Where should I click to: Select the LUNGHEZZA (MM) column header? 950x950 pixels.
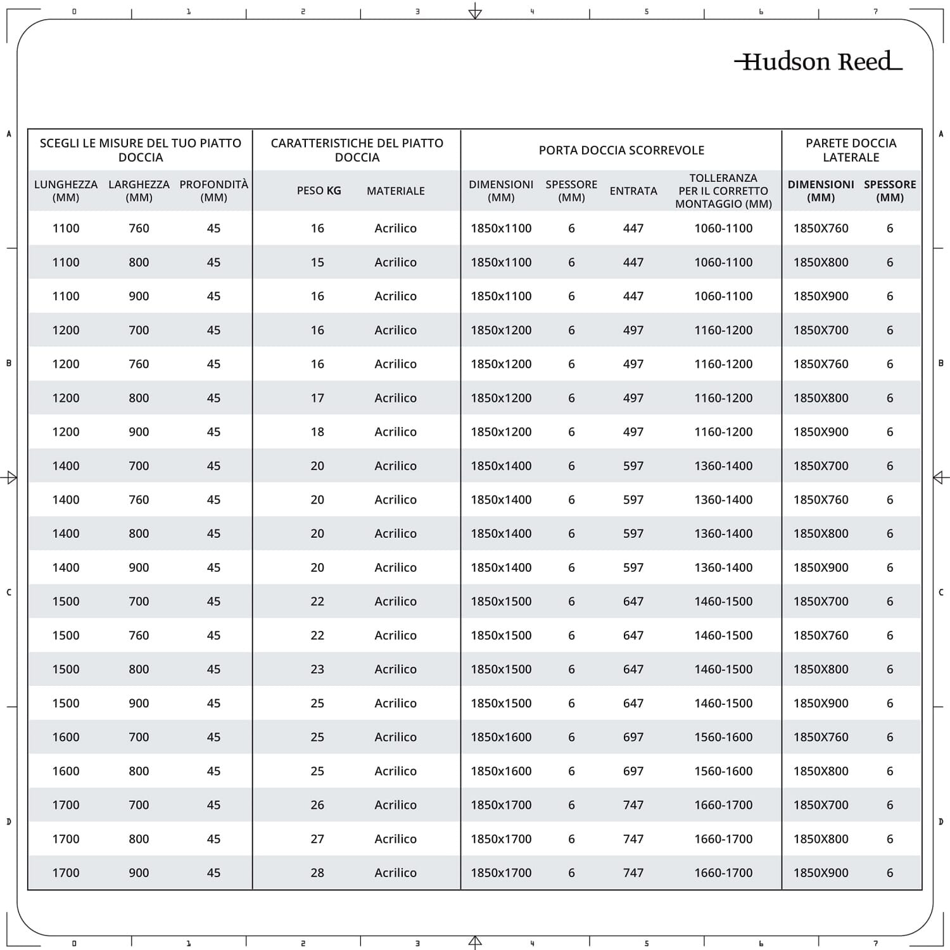66,191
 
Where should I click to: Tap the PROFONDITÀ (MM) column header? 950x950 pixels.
213,191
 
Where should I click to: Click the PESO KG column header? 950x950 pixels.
319,191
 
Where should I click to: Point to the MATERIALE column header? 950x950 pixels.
395,191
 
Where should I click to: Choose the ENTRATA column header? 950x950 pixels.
633,191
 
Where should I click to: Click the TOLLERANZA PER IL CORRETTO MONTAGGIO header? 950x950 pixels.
723,191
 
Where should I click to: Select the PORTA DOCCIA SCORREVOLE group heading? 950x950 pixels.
621,150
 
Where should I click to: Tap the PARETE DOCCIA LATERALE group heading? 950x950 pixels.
851,150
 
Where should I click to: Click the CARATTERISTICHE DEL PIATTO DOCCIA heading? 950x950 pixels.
357,150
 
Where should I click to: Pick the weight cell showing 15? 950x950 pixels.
317,262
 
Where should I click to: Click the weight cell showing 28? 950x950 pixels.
317,873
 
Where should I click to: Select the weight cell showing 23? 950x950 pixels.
317,669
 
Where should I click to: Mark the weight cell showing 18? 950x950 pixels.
317,432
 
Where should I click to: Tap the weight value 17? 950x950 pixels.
317,398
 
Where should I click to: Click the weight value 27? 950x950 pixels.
317,839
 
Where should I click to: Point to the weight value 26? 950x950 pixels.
317,805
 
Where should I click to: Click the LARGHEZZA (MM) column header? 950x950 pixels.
139,191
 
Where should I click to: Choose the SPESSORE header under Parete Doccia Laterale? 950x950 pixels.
890,191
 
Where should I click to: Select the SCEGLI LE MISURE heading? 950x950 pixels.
141,150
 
